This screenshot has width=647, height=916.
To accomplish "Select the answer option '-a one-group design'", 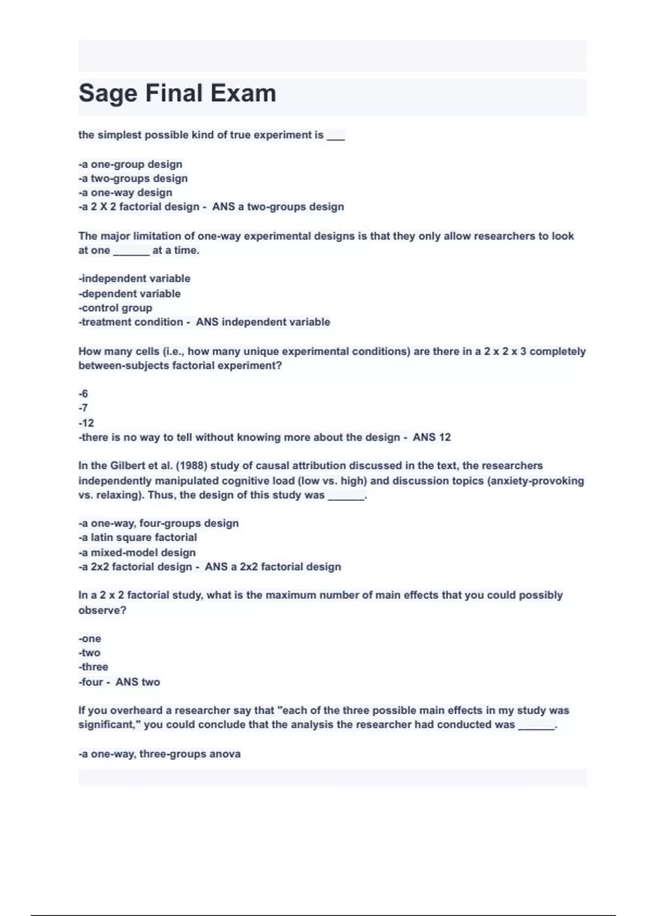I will click(x=130, y=164).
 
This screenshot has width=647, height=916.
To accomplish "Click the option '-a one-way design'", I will click(x=126, y=192).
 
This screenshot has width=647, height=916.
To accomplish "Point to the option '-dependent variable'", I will click(x=129, y=294).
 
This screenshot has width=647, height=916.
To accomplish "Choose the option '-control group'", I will click(x=115, y=308).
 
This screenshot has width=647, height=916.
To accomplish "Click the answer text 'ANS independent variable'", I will click(x=263, y=322).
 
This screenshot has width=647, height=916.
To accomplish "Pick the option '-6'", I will click(x=83, y=394).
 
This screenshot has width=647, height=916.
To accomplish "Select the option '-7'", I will click(x=83, y=408).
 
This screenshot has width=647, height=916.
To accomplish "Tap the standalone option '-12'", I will click(x=86, y=423).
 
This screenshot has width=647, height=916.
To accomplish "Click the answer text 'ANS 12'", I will click(x=432, y=438).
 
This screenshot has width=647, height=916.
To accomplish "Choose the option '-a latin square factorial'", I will click(x=137, y=537).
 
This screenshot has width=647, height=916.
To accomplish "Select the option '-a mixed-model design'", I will click(x=137, y=552).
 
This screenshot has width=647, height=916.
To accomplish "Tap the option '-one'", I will click(x=90, y=639).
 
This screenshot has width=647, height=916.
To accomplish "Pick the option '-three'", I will click(x=93, y=667).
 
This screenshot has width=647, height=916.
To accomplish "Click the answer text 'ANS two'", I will click(x=138, y=682).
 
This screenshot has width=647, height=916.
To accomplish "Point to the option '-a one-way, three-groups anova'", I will click(x=160, y=754).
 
